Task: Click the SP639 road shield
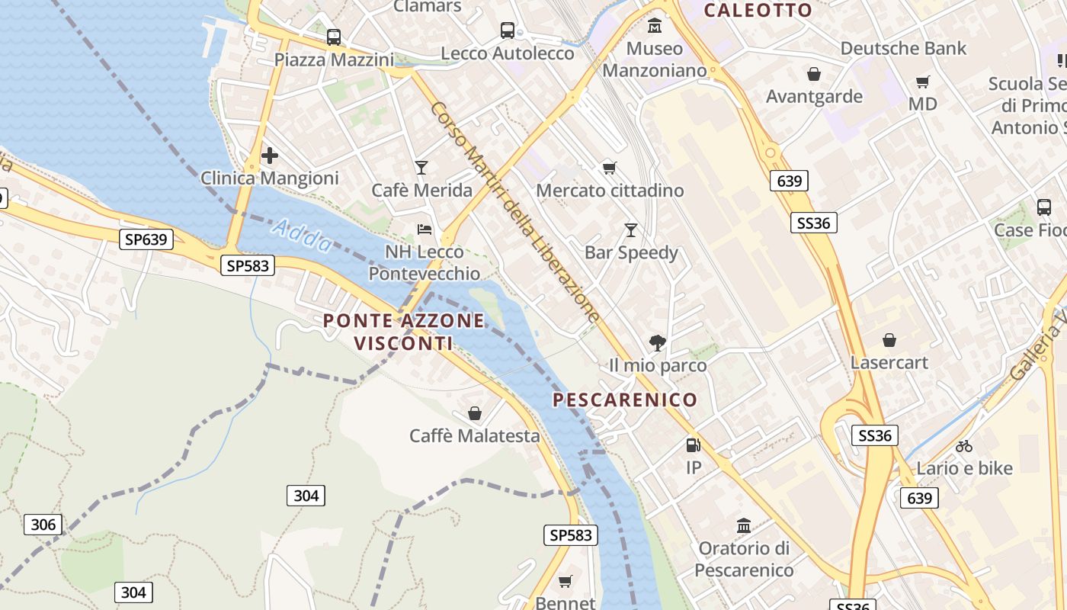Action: click(146, 239)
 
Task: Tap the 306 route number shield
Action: click(43, 525)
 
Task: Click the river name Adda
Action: click(302, 235)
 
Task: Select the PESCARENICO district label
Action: click(625, 400)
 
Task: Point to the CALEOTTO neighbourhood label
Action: click(758, 10)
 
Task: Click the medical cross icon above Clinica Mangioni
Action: click(269, 156)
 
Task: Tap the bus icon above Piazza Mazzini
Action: click(333, 37)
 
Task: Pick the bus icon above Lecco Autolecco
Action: click(508, 30)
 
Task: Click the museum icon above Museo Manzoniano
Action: click(654, 27)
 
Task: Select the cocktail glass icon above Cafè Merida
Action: click(421, 168)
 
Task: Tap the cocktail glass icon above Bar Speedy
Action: click(631, 230)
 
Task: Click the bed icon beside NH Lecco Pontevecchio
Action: click(425, 230)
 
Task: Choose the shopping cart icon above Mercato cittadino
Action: click(610, 168)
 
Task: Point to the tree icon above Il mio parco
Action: click(657, 343)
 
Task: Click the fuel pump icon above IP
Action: click(693, 445)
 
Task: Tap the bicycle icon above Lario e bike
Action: click(964, 446)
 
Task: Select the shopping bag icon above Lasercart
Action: click(889, 340)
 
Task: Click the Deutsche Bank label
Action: click(903, 48)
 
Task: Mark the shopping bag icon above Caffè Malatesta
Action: click(475, 413)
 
